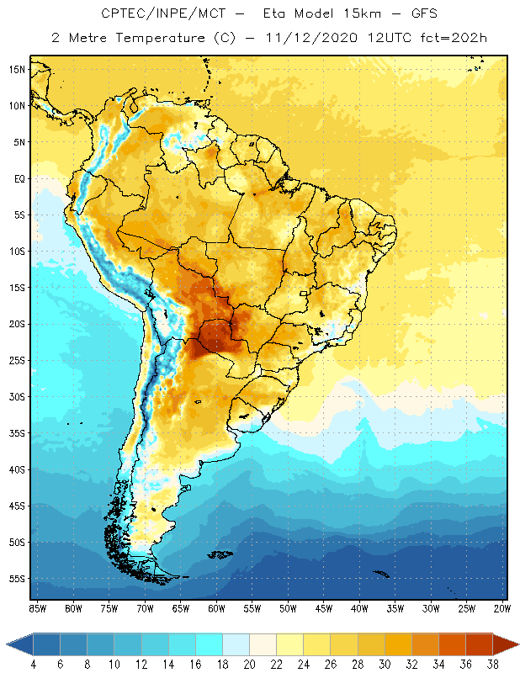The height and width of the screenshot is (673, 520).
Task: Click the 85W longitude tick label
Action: pos(37,608)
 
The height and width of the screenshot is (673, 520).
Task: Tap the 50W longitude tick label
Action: pos(288,608)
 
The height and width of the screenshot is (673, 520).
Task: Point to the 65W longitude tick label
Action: pos(180,608)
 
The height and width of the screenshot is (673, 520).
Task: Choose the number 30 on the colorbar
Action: pos(385,664)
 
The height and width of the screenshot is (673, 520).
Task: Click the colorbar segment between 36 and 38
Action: pos(480,645)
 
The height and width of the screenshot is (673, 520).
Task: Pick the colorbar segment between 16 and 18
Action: pos(209,645)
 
